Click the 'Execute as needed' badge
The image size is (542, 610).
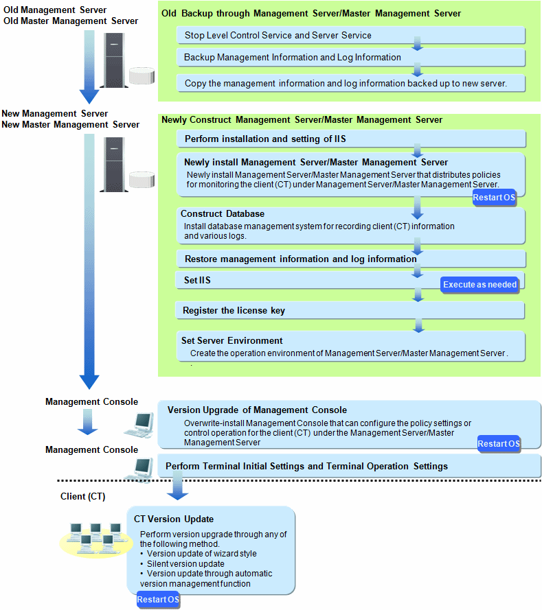(479, 285)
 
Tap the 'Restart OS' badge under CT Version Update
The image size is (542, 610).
(158, 600)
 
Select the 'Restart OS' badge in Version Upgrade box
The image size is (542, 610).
(499, 444)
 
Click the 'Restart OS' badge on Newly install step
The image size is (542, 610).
(494, 198)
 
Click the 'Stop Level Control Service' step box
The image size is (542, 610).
(351, 36)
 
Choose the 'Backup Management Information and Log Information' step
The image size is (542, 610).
(351, 58)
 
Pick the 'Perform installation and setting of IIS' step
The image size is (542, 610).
(351, 139)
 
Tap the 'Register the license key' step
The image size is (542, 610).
(350, 310)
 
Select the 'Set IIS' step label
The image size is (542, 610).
(197, 280)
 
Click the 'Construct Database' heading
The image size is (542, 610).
(223, 213)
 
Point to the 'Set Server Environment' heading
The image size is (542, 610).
(232, 340)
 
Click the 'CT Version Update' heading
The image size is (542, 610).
(174, 519)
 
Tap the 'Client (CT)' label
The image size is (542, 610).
(83, 496)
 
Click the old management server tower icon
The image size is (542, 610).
(114, 60)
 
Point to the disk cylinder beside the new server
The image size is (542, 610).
(142, 179)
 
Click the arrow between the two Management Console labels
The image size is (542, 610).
(88, 422)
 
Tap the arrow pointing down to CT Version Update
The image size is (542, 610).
(177, 486)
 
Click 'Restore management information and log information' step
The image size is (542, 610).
(351, 259)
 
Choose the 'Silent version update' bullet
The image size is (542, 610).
(182, 564)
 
